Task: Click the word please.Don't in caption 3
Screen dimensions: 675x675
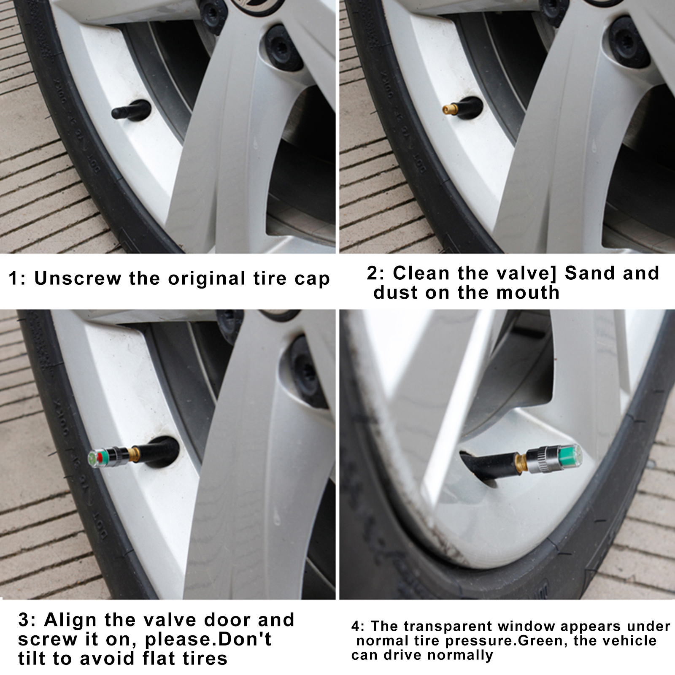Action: (x=208, y=640)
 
